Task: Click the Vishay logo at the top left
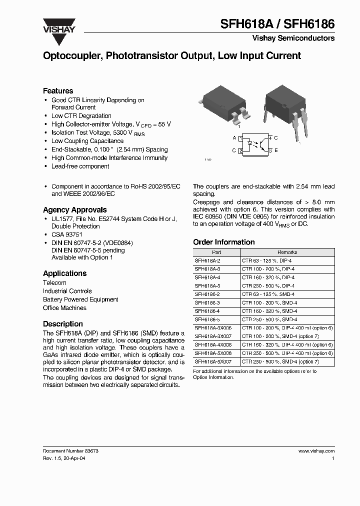[59, 31]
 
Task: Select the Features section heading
[58, 90]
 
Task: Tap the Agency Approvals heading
[74, 209]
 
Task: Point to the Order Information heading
[223, 242]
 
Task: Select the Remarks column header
[287, 252]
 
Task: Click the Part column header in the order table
[216, 252]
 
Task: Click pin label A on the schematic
[234, 137]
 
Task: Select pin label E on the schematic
[276, 150]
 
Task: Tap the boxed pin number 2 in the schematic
[241, 150]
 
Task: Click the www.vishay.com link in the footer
[316, 450]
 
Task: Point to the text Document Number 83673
[70, 450]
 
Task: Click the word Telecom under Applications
[54, 282]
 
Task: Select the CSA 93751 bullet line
[66, 234]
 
